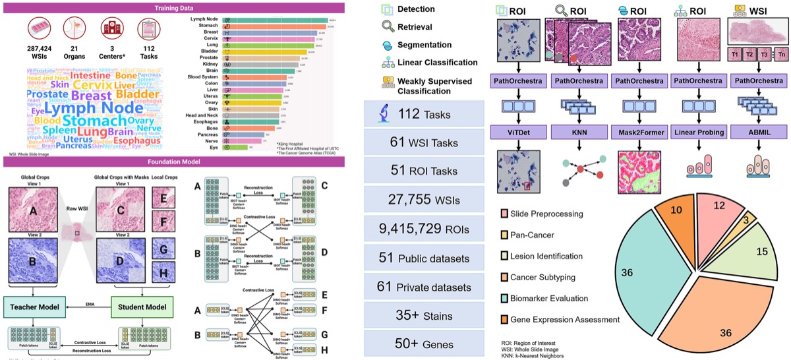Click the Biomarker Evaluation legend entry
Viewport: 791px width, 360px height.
(x=554, y=298)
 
